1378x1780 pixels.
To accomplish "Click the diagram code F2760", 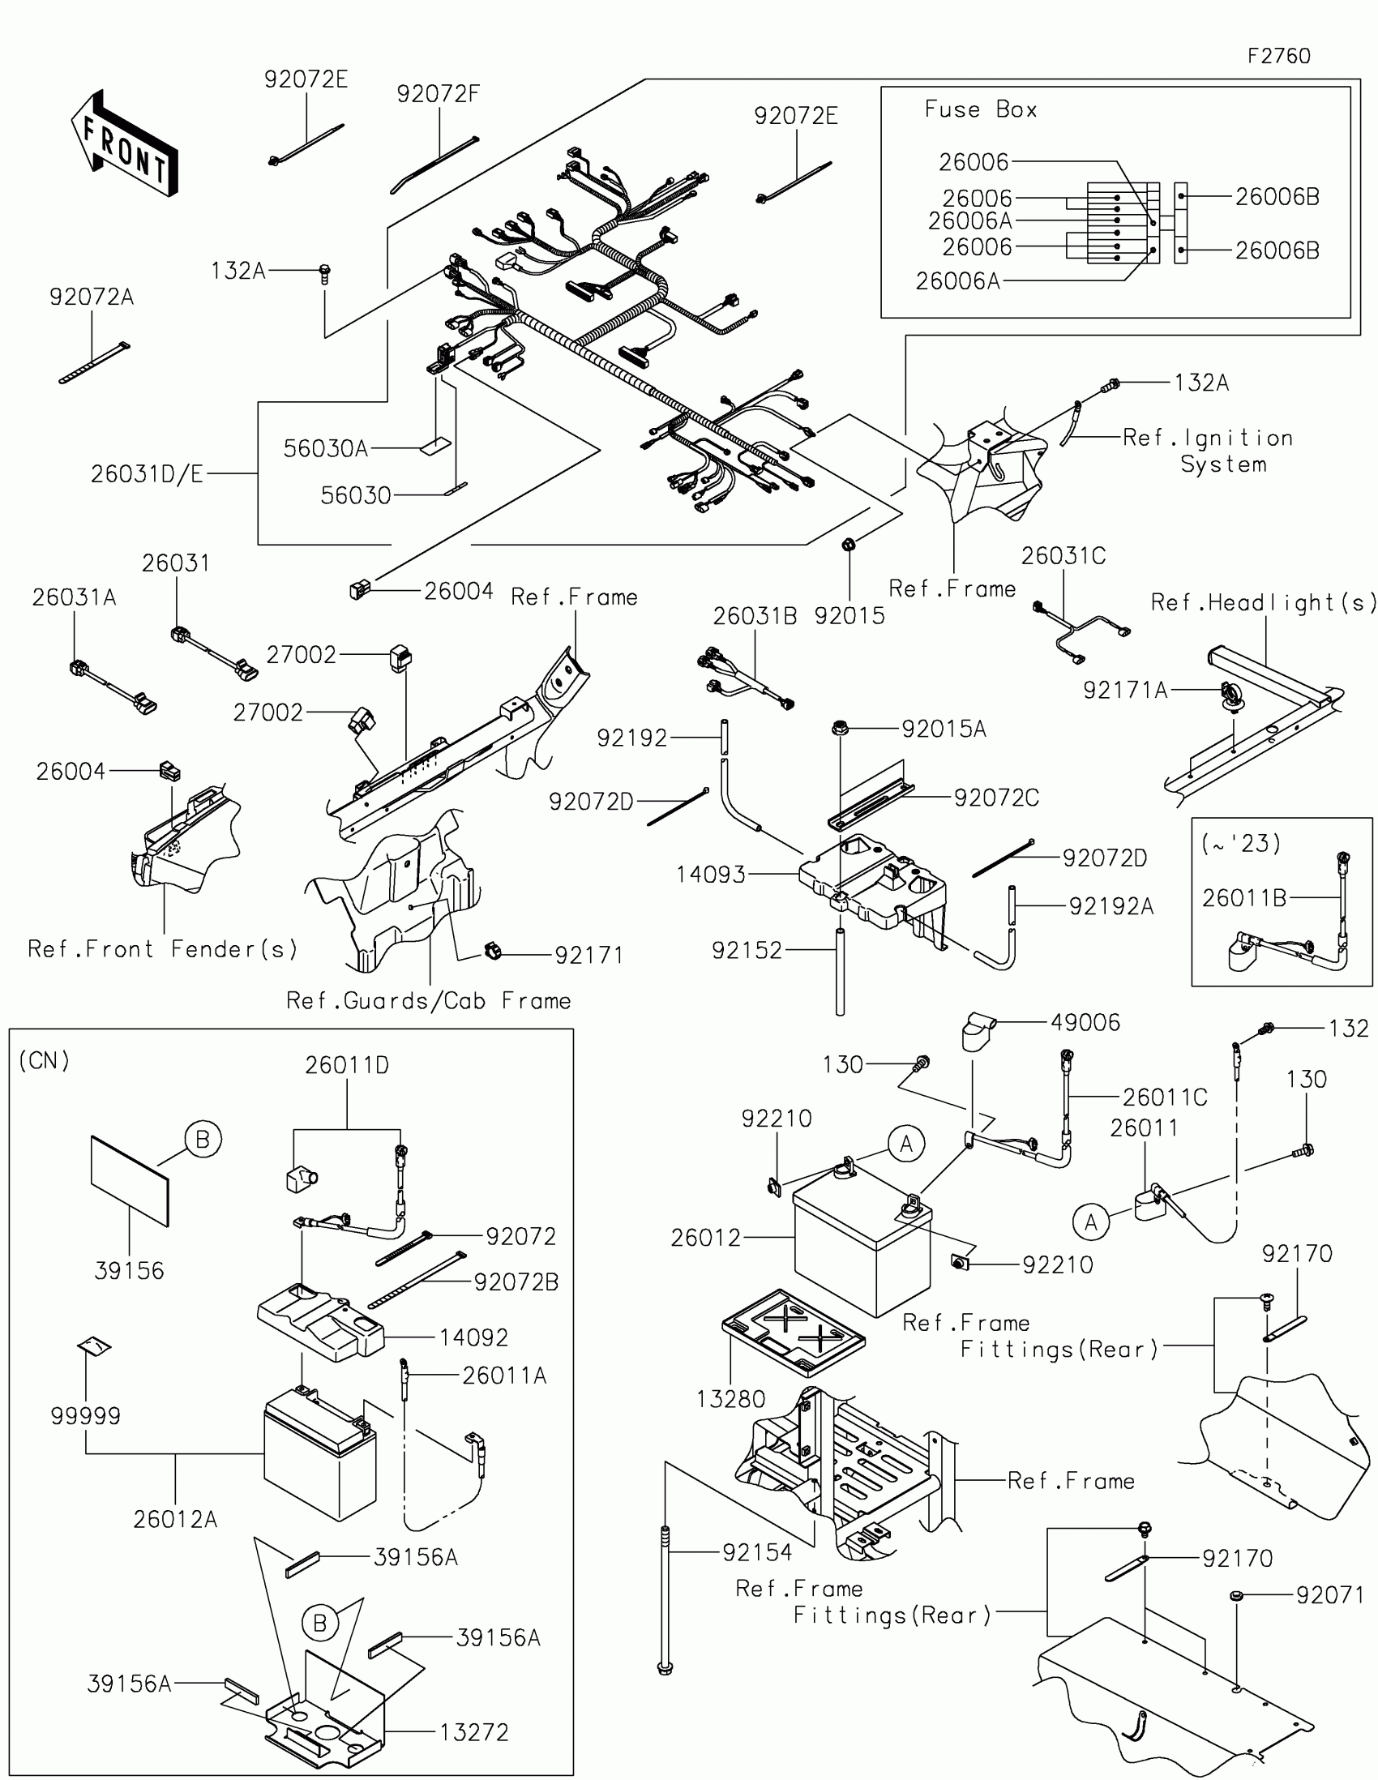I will point(1278,56).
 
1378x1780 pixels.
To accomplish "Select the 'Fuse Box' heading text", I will point(980,109).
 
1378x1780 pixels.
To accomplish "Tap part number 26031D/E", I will point(147,473).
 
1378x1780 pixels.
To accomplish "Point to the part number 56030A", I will point(325,448).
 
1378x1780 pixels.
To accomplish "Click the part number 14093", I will point(711,875).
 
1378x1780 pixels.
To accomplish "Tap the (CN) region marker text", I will point(44,1060).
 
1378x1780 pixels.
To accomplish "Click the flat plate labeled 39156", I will point(130,1181).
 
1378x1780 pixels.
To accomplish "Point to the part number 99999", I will point(86,1416).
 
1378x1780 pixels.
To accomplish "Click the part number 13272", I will point(474,1732).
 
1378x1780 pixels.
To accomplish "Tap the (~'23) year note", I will point(1240,843).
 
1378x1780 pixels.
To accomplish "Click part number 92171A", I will point(1124,691).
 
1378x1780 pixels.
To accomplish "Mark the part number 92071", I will point(1330,1595).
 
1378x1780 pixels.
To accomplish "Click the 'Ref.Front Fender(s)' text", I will point(163,948).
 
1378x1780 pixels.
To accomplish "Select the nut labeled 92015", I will point(848,545).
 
